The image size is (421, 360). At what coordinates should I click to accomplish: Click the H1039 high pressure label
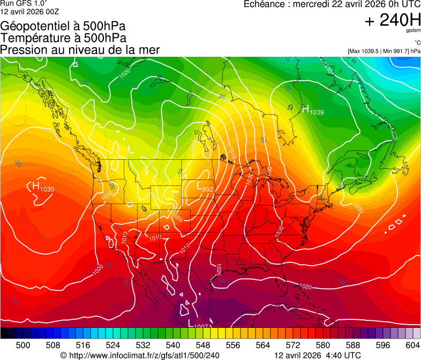[x=313, y=110]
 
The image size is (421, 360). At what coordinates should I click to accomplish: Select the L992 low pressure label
[x=205, y=188]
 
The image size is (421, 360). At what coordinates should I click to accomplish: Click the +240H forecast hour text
[x=392, y=21]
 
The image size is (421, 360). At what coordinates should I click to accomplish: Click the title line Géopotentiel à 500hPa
[x=63, y=26]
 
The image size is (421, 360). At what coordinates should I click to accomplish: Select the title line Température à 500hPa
[x=63, y=38]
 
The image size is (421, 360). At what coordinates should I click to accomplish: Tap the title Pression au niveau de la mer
[x=80, y=50]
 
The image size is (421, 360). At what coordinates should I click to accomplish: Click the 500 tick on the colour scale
[x=23, y=345]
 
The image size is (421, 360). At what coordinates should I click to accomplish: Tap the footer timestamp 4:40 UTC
[x=345, y=355]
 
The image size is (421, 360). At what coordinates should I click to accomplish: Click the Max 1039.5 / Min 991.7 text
[x=384, y=51]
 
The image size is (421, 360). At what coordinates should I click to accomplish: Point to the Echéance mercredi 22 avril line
[x=332, y=4]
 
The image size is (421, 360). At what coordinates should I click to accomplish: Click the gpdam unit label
[x=413, y=32]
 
